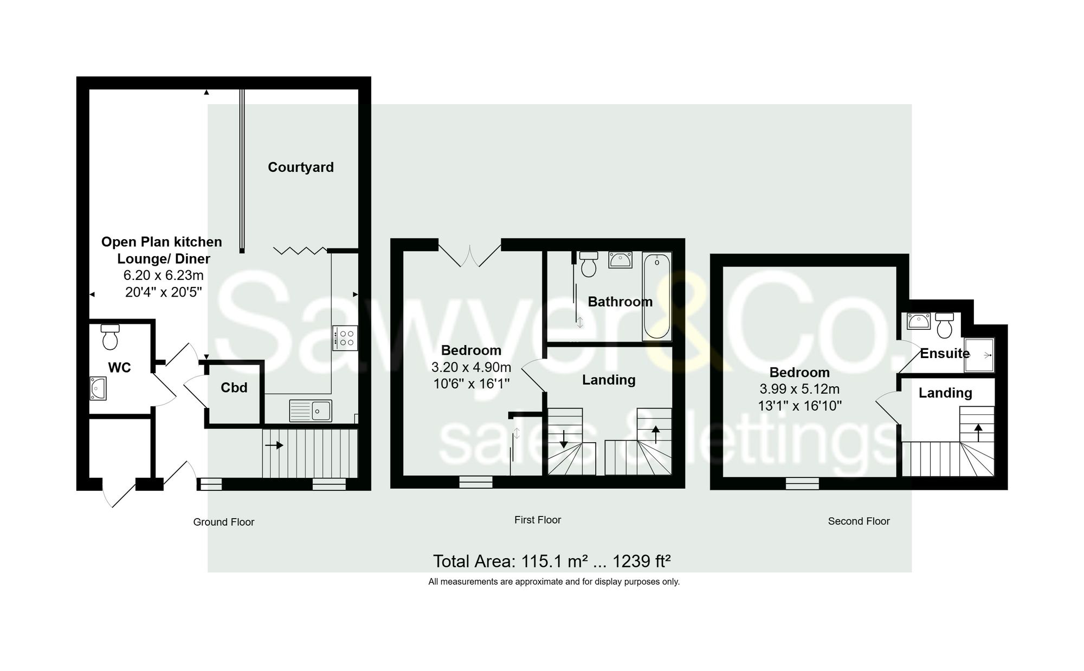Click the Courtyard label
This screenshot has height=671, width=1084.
(x=301, y=167)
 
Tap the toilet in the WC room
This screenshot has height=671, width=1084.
(x=110, y=337)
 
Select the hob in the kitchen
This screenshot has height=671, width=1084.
(x=345, y=337)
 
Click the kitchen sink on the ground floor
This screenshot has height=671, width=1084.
(x=310, y=411)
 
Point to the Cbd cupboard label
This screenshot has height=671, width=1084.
(x=234, y=387)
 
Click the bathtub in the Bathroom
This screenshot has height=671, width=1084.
(x=656, y=296)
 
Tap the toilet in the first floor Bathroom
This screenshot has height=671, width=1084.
(x=589, y=264)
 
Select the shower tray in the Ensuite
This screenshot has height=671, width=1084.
(x=979, y=355)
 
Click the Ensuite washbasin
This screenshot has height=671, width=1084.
(x=918, y=321)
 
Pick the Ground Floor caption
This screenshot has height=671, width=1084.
(x=224, y=522)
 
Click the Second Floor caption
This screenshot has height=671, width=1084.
(x=859, y=521)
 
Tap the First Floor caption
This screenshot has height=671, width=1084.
(x=538, y=520)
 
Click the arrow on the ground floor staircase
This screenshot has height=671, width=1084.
(x=274, y=445)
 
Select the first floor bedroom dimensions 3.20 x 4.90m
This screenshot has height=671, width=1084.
(x=471, y=367)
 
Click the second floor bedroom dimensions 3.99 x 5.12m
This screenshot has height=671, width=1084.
(x=799, y=389)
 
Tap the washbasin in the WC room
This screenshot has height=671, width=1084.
(x=98, y=388)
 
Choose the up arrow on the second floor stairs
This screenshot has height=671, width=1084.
(x=978, y=432)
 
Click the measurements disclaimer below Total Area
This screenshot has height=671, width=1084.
(x=554, y=581)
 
